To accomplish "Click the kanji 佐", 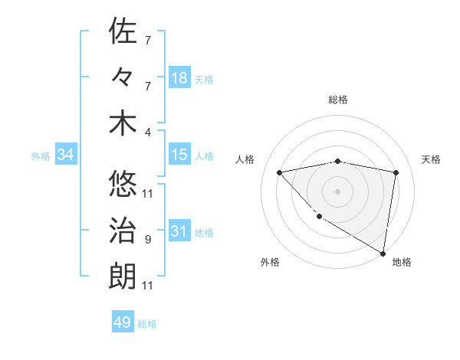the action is [x=123, y=31].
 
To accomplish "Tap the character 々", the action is [x=123, y=77].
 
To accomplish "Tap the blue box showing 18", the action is [x=179, y=78].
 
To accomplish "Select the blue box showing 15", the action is [x=179, y=155].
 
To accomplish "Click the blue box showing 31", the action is [x=179, y=231].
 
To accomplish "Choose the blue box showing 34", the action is [x=66, y=155].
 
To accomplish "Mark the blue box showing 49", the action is [x=123, y=322].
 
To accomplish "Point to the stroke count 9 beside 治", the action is [x=147, y=240].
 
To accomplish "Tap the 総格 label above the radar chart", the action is [x=338, y=100].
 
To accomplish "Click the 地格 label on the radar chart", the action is [x=402, y=262].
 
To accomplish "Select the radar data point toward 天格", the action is [x=396, y=172].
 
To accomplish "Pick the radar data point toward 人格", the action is [x=280, y=172].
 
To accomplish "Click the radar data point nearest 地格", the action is [x=383, y=253].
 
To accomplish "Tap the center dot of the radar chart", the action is [x=338, y=191].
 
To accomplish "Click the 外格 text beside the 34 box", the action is [x=41, y=155].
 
